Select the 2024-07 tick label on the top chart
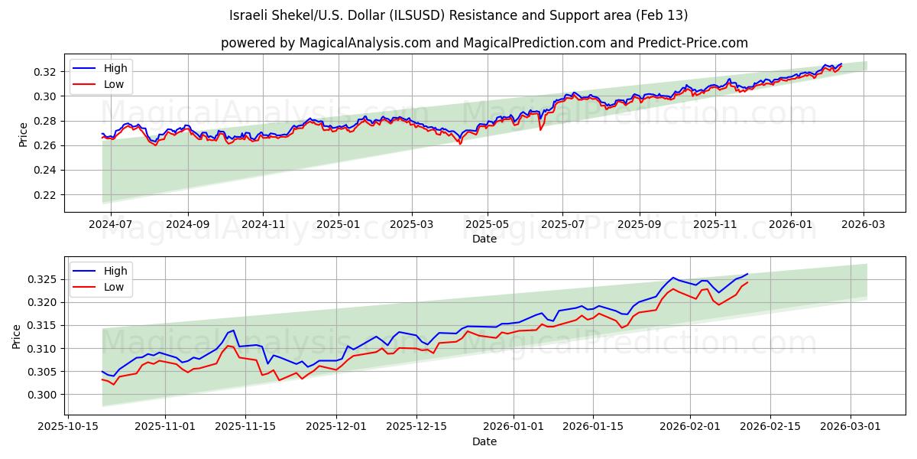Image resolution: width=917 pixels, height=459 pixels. coord(111,225)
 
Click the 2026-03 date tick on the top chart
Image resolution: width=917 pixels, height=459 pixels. coord(864,225)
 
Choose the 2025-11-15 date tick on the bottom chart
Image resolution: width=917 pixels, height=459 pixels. coord(245,425)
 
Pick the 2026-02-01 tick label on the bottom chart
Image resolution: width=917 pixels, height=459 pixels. coord(690,425)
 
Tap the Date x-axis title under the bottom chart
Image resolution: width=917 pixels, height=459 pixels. coord(484,441)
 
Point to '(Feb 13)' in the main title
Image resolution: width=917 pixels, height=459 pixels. coord(664,15)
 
